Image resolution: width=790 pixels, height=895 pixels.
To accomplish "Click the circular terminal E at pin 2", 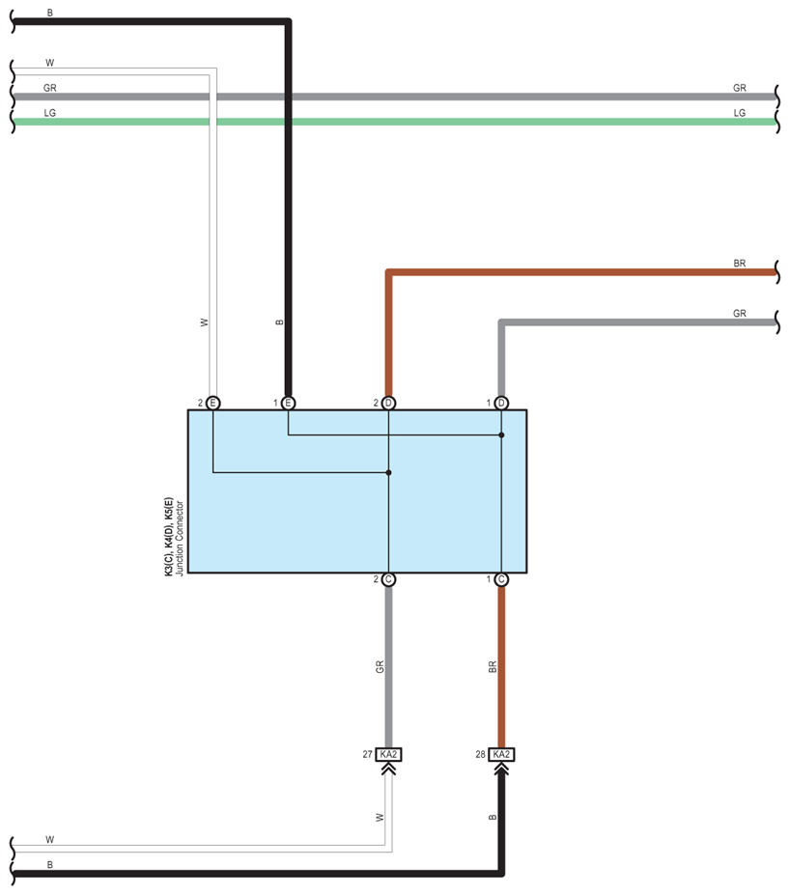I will [x=213, y=403].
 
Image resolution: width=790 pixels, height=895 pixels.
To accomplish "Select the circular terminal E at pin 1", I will [x=288, y=403].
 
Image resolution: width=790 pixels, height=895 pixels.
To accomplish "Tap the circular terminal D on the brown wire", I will [x=388, y=403].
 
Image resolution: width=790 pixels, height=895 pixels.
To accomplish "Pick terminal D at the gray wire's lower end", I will [x=501, y=403].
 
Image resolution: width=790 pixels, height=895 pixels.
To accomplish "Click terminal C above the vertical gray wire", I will [x=388, y=579].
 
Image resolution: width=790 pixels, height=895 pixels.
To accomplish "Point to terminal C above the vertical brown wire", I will [x=501, y=579].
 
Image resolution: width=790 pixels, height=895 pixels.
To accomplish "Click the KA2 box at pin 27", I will [x=388, y=755].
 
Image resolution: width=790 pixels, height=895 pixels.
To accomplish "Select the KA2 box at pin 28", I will [x=501, y=755].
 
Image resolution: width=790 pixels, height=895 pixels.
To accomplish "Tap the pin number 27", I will [x=368, y=755].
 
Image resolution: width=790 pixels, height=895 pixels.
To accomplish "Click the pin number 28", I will [x=481, y=755].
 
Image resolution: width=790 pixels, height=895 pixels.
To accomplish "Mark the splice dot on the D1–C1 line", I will [x=501, y=435].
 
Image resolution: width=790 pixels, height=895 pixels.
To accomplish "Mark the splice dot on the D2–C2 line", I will [x=388, y=473].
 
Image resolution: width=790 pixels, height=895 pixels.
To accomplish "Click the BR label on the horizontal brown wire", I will [x=740, y=263].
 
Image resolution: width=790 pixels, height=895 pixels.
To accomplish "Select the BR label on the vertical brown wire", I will [x=493, y=666].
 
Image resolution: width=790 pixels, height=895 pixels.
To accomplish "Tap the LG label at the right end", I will [x=740, y=113].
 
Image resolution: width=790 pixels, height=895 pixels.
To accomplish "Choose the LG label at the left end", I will [x=49, y=113].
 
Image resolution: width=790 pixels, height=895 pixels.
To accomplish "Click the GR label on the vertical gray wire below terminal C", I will [x=380, y=666].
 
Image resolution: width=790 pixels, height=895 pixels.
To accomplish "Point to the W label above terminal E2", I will [x=204, y=322].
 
